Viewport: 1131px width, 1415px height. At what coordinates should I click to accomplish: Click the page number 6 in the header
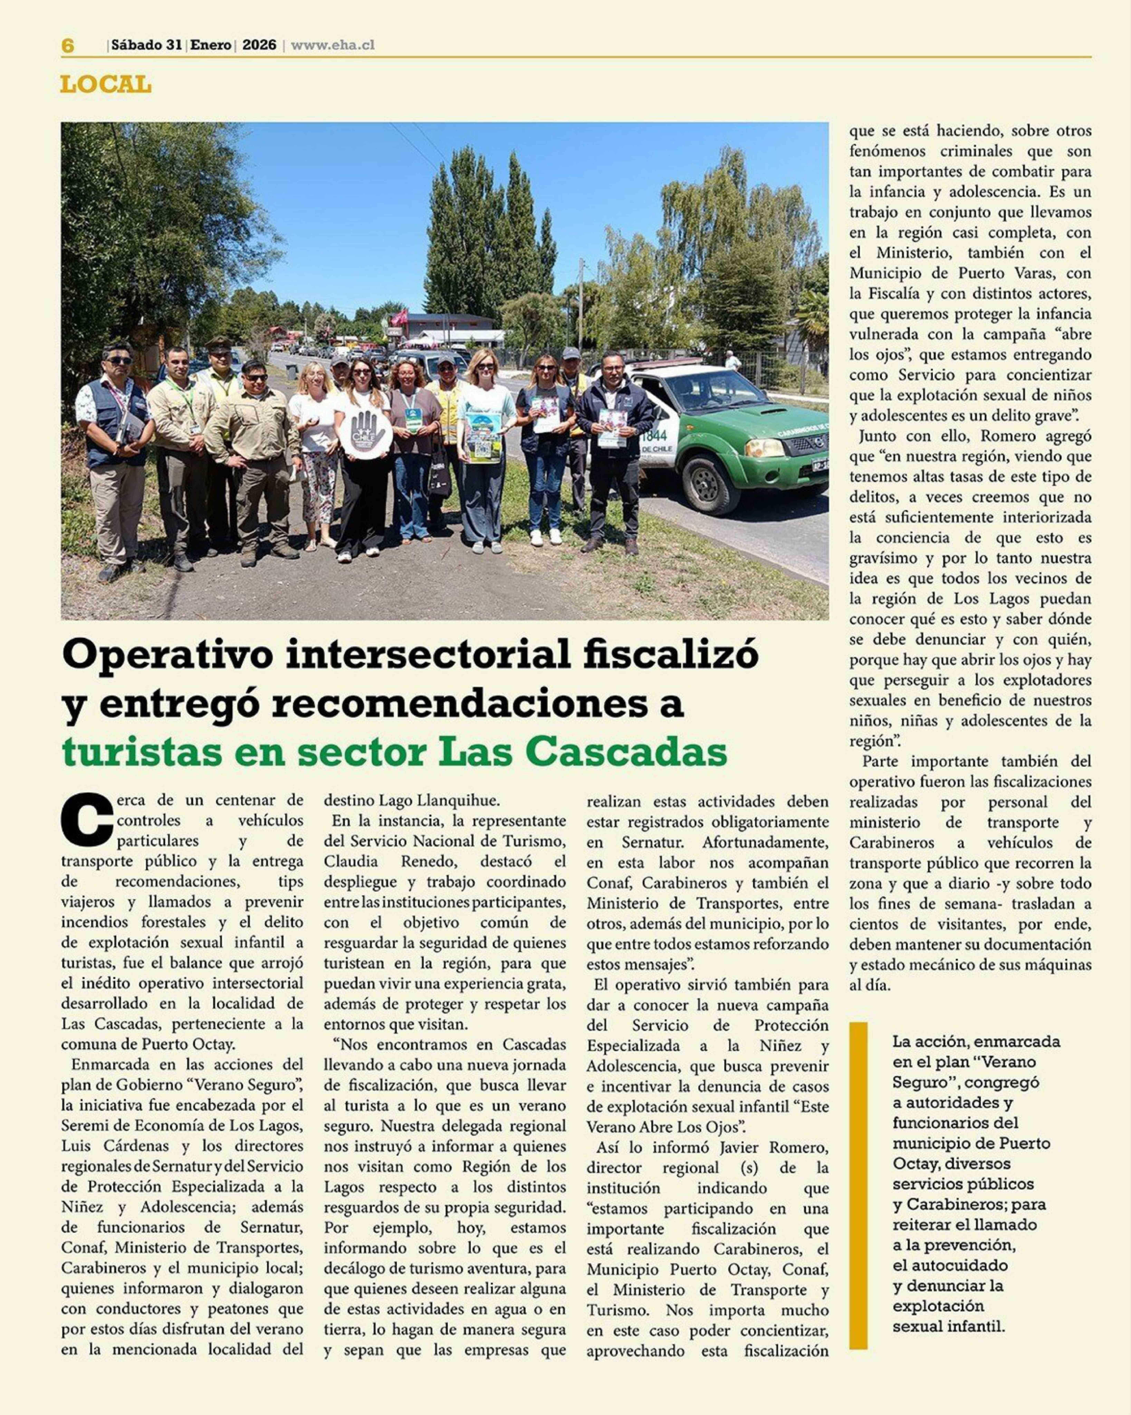(68, 45)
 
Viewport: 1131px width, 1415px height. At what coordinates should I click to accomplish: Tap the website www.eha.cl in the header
(333, 45)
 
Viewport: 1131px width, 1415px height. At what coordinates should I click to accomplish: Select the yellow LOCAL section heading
(106, 85)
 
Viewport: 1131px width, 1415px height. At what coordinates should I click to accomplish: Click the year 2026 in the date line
(259, 45)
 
